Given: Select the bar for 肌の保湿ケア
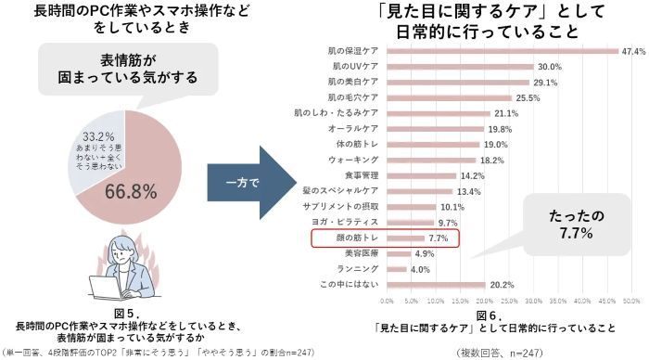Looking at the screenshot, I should (x=502, y=51).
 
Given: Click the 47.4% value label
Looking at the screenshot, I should (x=633, y=51).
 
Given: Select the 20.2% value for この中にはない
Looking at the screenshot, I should (x=502, y=285).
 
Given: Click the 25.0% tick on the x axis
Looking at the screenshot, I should (x=509, y=302).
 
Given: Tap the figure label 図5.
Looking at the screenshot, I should (x=129, y=314).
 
